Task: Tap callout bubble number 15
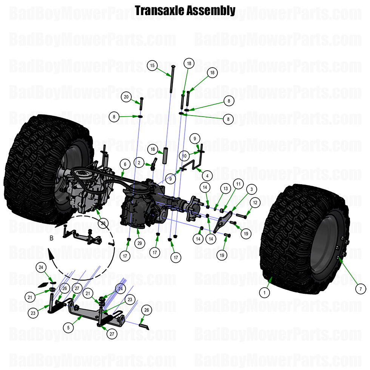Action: [x=152, y=66]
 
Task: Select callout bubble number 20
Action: [x=126, y=97]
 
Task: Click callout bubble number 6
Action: [x=125, y=164]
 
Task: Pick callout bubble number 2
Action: [x=139, y=163]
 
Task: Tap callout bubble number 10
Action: [x=184, y=156]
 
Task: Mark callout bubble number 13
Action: [x=225, y=188]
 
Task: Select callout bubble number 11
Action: [x=238, y=184]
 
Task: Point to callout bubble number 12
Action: [x=255, y=203]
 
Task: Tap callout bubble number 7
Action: [x=360, y=289]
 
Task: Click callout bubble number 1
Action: [x=265, y=292]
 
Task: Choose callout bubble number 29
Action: [x=139, y=243]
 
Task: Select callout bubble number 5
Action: [x=68, y=327]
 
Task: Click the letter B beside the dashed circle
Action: [x=51, y=238]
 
